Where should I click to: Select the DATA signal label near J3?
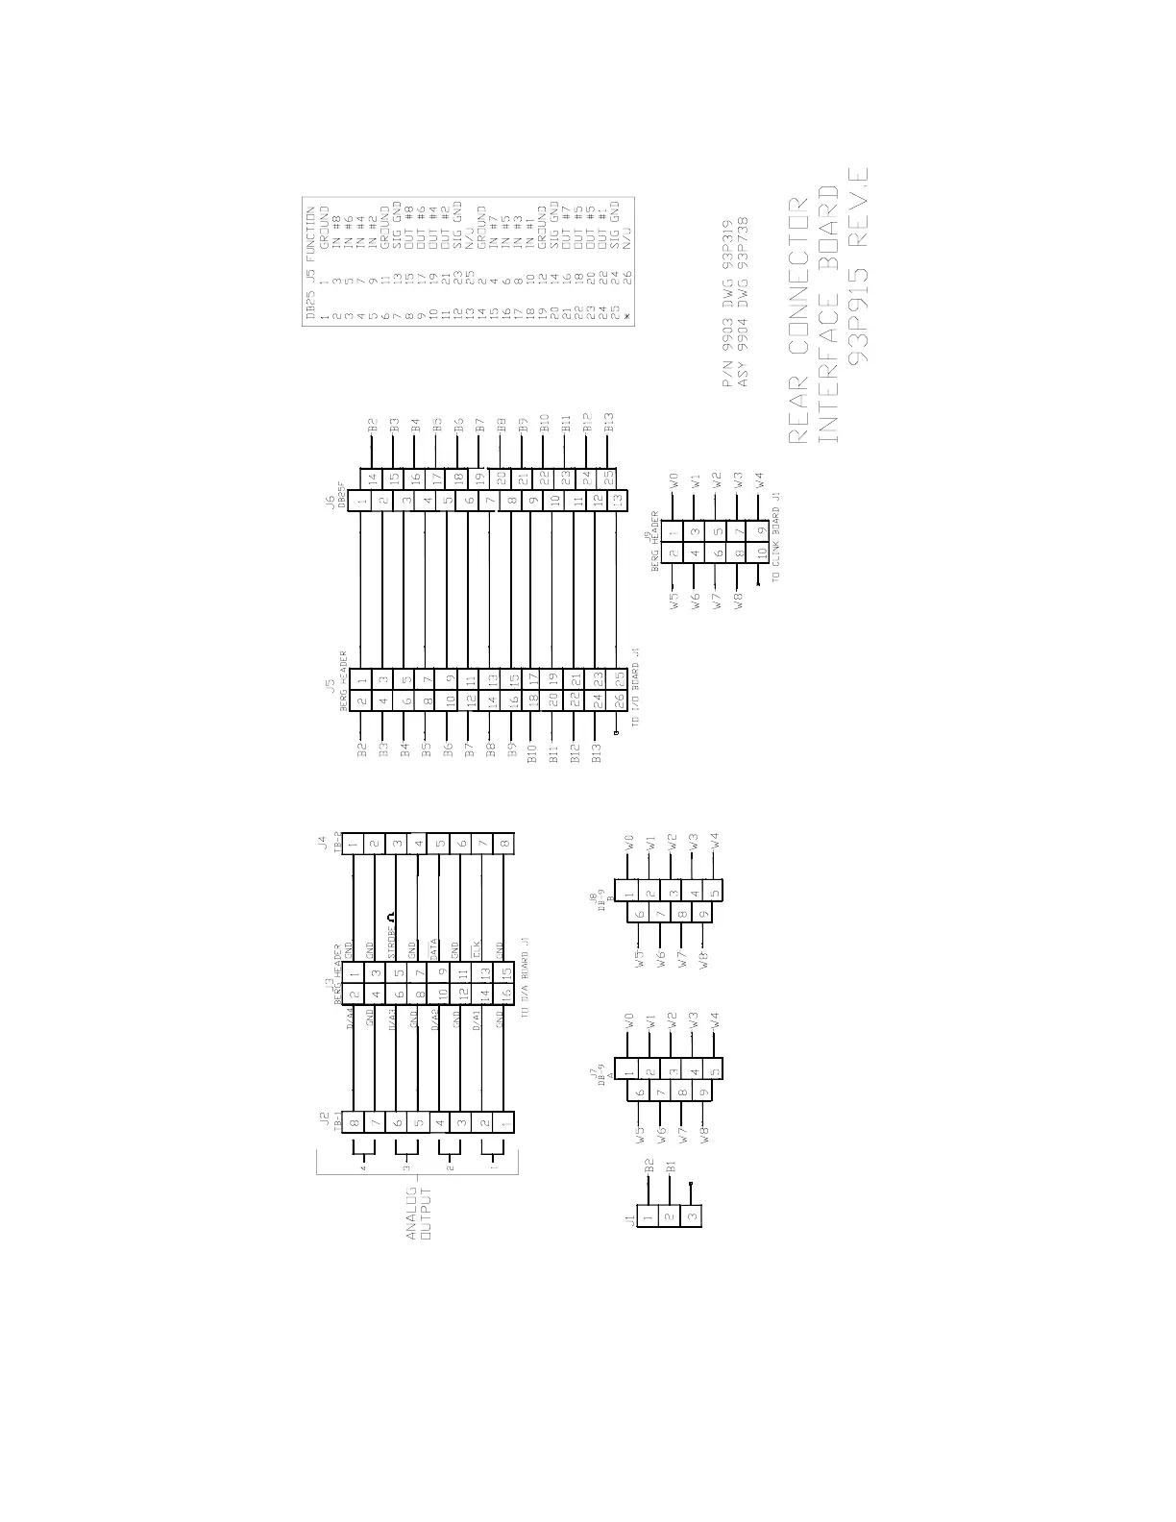tap(434, 949)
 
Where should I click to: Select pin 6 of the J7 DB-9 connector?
tap(639, 1092)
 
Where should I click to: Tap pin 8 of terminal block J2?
tap(354, 1121)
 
